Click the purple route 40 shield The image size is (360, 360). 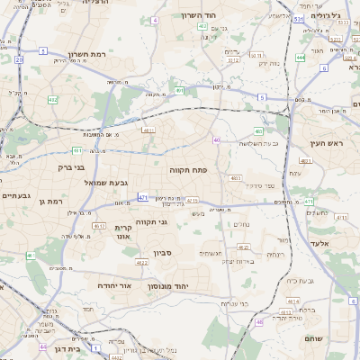217,139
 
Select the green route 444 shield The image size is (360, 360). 301,58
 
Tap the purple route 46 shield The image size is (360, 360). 260,321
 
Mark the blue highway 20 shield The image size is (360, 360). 18,59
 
